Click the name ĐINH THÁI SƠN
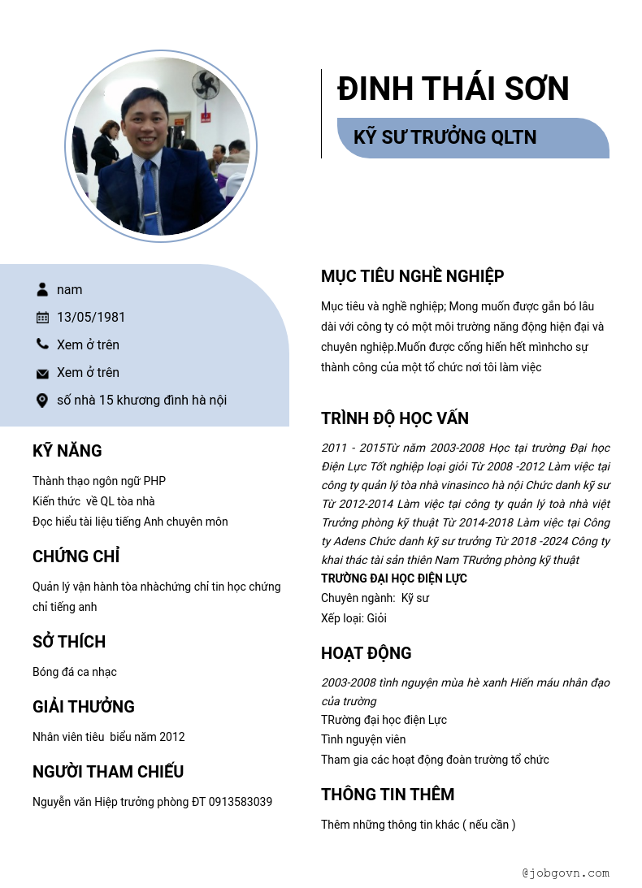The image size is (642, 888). click(x=453, y=89)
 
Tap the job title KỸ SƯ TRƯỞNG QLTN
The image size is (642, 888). click(x=445, y=137)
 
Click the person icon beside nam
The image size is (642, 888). click(x=42, y=290)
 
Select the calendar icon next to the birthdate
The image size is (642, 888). click(x=42, y=318)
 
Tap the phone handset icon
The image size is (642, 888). click(x=42, y=344)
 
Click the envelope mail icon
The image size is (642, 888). click(x=42, y=373)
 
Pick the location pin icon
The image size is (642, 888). click(x=42, y=401)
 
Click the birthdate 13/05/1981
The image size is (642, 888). click(x=91, y=318)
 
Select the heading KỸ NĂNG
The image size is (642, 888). click(x=67, y=451)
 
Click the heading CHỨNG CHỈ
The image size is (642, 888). click(x=76, y=557)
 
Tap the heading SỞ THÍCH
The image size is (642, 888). click(x=69, y=642)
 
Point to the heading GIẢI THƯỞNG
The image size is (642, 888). click(x=84, y=707)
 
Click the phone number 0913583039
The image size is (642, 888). click(x=241, y=802)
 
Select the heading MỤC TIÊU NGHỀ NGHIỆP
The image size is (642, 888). click(x=413, y=276)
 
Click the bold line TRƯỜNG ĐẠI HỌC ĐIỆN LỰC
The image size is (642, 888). click(x=394, y=578)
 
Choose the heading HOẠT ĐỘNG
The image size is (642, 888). click(x=367, y=653)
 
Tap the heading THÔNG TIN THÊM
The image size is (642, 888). click(x=388, y=795)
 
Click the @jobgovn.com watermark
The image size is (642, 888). click(x=566, y=873)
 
